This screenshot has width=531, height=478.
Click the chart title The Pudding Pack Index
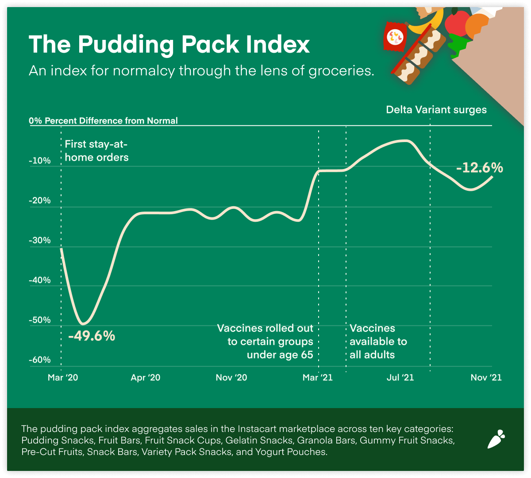click(x=169, y=45)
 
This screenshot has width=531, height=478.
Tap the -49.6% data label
click(x=92, y=336)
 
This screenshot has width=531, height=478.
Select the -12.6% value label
click(x=480, y=168)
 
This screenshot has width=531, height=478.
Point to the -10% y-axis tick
click(x=40, y=161)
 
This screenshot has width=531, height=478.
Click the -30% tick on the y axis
click(x=40, y=241)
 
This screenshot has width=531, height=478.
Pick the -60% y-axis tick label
click(x=40, y=360)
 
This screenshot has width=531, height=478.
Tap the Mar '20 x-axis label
click(x=62, y=378)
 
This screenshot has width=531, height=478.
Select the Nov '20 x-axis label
click(x=231, y=378)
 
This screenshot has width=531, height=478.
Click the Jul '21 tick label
click(x=400, y=378)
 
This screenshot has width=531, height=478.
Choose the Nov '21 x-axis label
click(x=486, y=378)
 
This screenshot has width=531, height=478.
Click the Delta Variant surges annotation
click(x=436, y=110)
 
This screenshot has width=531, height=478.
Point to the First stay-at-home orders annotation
click(x=96, y=150)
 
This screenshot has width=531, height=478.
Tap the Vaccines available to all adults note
click(x=378, y=341)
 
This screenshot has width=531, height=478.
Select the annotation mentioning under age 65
click(x=265, y=341)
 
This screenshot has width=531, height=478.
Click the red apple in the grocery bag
click(x=457, y=22)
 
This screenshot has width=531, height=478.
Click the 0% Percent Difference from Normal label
click(x=103, y=121)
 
